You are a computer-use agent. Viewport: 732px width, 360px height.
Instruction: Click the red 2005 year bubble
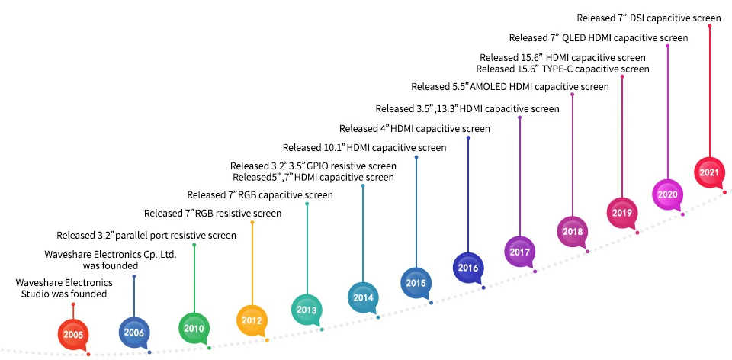coord(73,334)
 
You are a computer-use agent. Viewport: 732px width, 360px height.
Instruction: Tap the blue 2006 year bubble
coord(133,332)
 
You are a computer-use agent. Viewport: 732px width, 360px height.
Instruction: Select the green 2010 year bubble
coord(193,329)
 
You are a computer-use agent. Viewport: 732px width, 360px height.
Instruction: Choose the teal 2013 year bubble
coord(307,309)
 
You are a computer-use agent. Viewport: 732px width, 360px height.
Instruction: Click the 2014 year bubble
coord(361,297)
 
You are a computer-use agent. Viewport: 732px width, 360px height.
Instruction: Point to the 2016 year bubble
coord(467,268)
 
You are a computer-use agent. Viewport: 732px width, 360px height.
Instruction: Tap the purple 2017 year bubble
coord(519,251)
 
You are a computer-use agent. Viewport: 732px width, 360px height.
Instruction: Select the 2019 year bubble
coord(621,212)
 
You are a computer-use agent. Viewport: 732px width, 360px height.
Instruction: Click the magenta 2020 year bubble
coord(667,194)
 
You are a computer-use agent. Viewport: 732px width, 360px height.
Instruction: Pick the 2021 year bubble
coord(709,172)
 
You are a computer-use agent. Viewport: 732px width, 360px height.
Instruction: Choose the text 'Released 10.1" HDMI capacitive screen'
coord(364,147)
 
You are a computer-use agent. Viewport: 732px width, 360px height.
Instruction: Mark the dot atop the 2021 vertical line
coord(709,27)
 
